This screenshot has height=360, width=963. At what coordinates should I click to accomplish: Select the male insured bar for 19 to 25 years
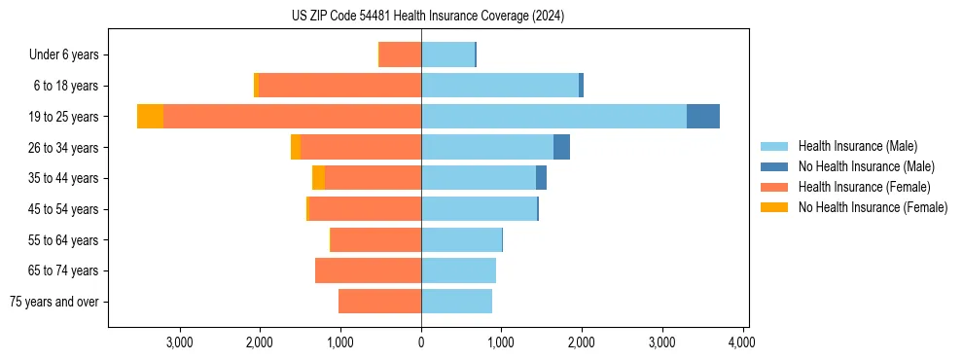coord(553,117)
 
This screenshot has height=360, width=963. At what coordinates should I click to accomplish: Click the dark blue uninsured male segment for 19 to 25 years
coord(703,117)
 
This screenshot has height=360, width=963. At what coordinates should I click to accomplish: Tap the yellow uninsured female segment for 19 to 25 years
coord(150,117)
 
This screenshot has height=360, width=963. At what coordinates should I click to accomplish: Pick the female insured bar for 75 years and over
coord(379,302)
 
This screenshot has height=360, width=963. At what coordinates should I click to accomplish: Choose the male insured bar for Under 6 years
coord(447,54)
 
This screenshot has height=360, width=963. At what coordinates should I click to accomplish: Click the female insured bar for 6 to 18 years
coord(339,86)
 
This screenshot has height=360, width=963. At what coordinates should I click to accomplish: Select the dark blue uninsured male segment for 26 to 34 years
coord(561,147)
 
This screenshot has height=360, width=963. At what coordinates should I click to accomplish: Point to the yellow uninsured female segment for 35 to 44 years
coord(318,178)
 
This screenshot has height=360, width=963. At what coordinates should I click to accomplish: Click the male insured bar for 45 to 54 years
coord(479,209)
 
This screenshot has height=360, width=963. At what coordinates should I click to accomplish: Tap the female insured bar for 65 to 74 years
coord(368,270)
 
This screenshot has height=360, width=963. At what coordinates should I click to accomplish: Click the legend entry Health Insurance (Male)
coord(857,146)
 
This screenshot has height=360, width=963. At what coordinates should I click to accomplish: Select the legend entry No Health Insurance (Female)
coord(873,207)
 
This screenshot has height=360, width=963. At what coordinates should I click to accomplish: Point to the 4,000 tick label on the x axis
coord(742,342)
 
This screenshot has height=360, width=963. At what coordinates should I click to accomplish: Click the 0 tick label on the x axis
coord(421,342)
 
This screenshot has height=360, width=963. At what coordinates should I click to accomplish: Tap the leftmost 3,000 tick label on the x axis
coord(179,342)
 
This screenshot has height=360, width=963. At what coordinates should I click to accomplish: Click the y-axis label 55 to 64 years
coord(63,240)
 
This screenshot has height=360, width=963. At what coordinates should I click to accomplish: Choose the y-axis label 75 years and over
coord(54,302)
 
